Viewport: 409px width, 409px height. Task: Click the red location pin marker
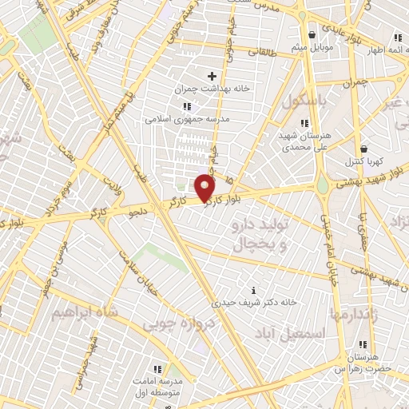pyautogui.click(x=204, y=189)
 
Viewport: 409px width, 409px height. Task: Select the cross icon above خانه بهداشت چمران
pyautogui.click(x=212, y=75)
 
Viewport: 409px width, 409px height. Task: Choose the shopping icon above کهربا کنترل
pyautogui.click(x=364, y=148)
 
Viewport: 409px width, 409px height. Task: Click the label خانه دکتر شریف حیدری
pyautogui.click(x=255, y=303)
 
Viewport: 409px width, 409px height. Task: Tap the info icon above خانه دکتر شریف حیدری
pyautogui.click(x=254, y=290)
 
